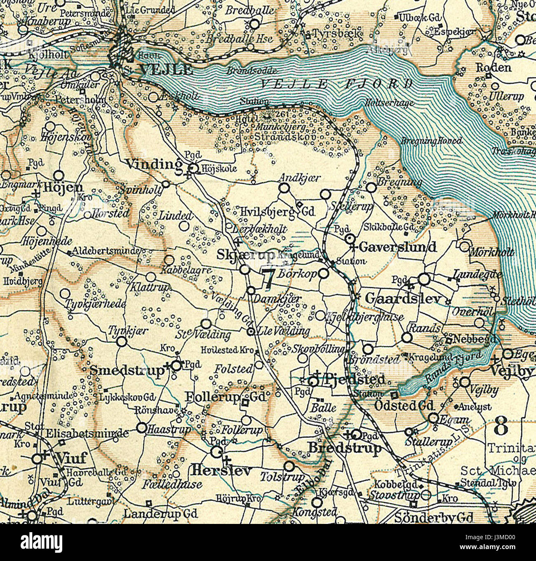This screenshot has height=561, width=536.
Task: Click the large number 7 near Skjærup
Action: pyautogui.click(x=268, y=278)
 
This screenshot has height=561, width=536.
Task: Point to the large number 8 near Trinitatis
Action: pyautogui.click(x=501, y=427)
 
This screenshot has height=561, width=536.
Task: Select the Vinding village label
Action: pyautogui.click(x=153, y=164)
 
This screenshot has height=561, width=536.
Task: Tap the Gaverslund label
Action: pyautogui.click(x=397, y=247)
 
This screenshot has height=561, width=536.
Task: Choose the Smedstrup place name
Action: pyautogui.click(x=127, y=370)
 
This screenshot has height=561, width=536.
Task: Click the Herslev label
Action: pyautogui.click(x=221, y=470)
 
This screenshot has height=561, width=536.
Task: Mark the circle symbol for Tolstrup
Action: pyautogui.click(x=290, y=466)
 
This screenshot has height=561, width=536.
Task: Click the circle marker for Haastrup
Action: pyautogui.click(x=141, y=428)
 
